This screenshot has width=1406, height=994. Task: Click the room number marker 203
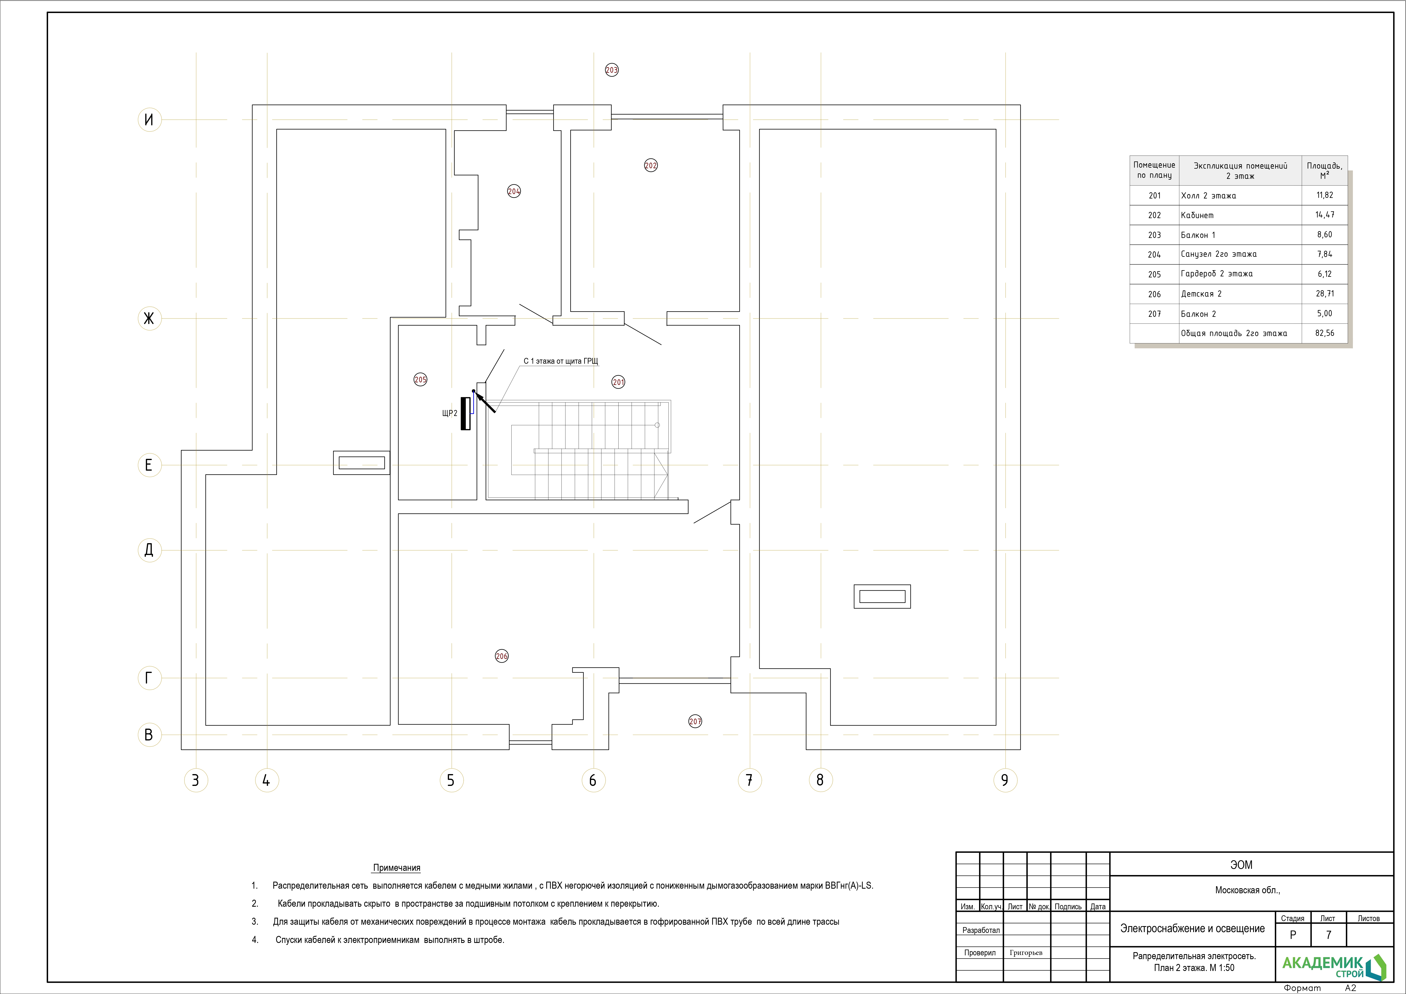[612, 70]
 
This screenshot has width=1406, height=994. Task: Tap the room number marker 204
[514, 192]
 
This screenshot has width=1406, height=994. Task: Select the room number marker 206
[502, 656]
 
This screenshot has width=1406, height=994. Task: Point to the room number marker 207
[695, 722]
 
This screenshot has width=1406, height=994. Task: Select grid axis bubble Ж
[149, 318]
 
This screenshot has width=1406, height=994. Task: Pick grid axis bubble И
[149, 119]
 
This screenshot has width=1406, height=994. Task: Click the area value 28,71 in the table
[1325, 294]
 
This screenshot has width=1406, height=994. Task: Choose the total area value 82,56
[1325, 333]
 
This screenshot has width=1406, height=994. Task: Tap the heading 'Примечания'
[397, 868]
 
